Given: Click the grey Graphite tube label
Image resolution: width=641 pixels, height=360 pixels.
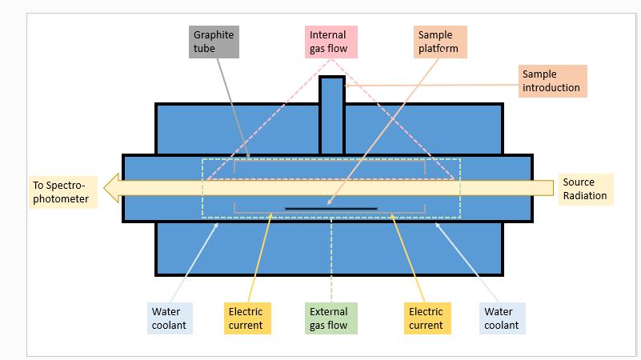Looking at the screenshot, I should coord(214,42).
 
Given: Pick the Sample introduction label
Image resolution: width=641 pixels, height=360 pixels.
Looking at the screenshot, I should coord(552,81).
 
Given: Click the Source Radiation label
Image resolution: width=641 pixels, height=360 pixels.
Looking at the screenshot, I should coord(586,189).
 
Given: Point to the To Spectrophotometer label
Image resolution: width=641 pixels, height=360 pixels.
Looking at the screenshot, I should coord(62,192).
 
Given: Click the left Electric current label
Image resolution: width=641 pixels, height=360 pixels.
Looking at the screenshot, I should coord(246,318).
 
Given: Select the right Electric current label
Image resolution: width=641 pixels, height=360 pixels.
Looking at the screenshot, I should coord(426,318).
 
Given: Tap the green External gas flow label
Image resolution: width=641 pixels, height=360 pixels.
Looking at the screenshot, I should coord(330,318).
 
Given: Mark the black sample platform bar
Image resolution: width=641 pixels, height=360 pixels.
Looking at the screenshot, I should coord(331,209).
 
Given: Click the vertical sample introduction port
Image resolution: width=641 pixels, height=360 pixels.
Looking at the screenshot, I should coord(332,116).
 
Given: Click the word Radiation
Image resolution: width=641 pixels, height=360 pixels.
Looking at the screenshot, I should coord(585,196).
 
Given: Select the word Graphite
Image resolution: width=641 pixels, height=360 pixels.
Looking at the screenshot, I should coord(214,35).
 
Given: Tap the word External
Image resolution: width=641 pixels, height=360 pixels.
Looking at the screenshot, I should coord(329,312).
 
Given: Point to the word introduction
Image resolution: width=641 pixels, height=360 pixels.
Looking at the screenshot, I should coord(551,87).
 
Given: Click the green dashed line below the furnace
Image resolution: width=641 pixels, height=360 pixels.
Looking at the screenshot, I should coord(331,256).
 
